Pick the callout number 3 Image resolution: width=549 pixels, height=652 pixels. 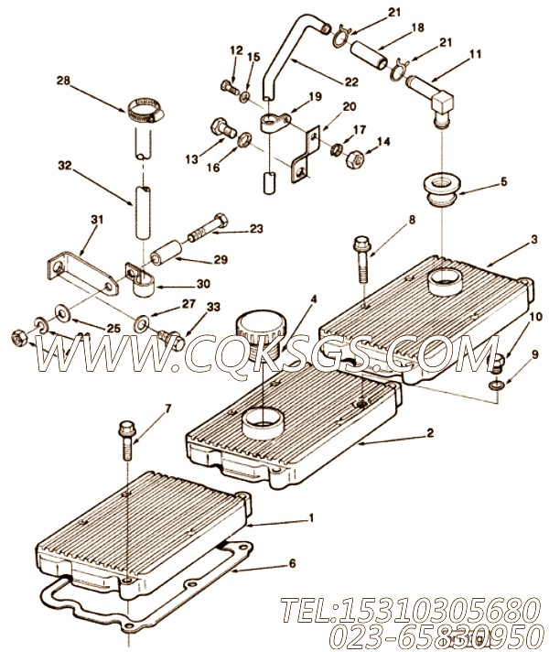click(x=533, y=239)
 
